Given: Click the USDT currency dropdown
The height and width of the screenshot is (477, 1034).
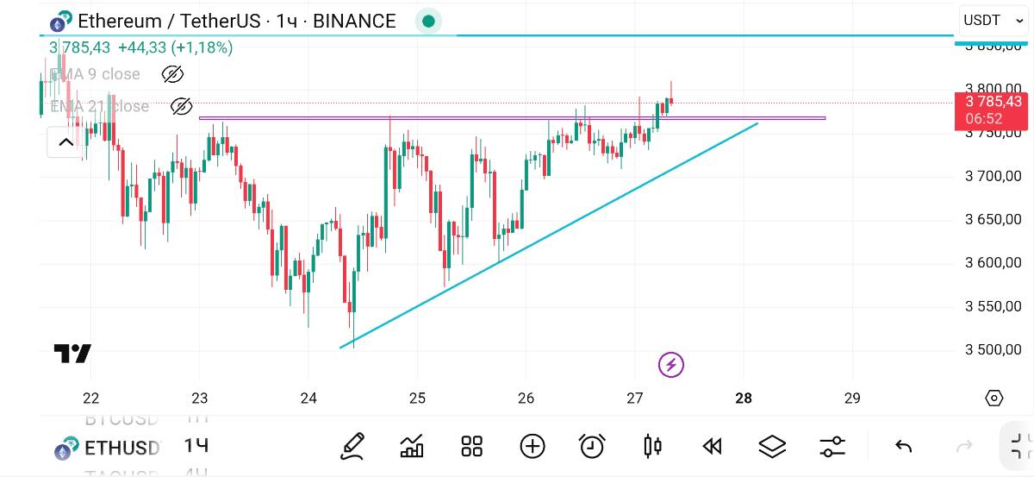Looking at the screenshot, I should (x=993, y=20).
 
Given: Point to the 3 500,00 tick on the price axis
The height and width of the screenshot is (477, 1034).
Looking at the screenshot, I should (x=993, y=349).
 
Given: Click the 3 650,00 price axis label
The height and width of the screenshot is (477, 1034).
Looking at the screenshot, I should (x=993, y=219).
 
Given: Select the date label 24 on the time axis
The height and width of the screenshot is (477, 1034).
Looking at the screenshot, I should (x=308, y=398).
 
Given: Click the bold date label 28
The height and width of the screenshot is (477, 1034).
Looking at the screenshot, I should (x=744, y=398).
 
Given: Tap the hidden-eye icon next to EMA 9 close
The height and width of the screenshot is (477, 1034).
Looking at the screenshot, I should (x=172, y=74).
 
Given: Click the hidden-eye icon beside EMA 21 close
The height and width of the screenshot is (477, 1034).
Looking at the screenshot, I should (x=181, y=106).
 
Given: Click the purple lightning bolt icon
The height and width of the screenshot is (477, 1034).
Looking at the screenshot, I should (x=670, y=365).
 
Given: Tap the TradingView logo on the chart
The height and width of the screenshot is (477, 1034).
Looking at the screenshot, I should (x=72, y=354).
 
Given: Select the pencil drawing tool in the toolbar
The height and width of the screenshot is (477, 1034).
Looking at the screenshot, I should (x=352, y=446).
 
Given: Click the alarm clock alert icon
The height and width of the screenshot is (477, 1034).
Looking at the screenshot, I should (x=592, y=446).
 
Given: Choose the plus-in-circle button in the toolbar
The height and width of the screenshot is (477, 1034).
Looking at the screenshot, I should (x=533, y=446).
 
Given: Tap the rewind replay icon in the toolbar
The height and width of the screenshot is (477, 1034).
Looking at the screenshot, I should (x=712, y=446).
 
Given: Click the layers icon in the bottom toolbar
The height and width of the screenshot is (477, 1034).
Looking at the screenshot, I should (x=772, y=446).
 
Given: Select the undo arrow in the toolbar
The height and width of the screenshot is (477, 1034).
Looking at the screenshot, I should (x=903, y=446).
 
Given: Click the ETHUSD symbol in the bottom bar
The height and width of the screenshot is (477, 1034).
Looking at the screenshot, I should (x=121, y=448).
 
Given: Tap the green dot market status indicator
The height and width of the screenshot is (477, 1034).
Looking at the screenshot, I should (x=428, y=22).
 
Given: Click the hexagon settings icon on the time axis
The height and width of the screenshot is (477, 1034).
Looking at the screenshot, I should (x=994, y=398).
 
